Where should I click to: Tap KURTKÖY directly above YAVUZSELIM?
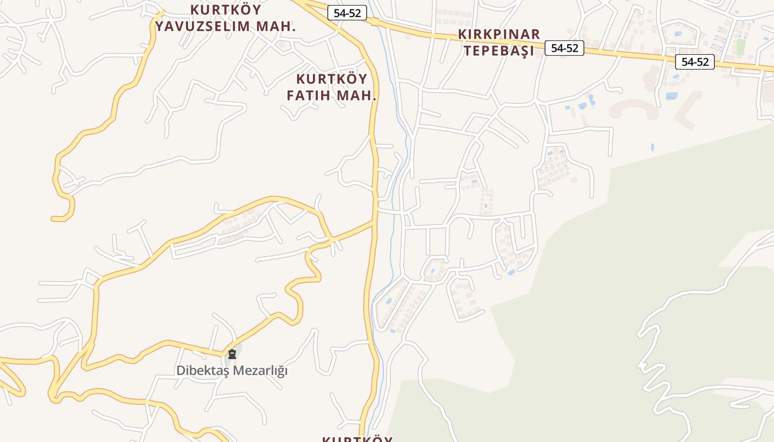pos(226,10)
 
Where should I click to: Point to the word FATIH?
pos(310,95)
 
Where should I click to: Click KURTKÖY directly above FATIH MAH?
pos(332,78)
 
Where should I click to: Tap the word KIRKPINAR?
pos(499,34)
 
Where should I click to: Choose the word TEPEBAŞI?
pos(499,51)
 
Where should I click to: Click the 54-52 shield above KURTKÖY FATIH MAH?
pos(347,13)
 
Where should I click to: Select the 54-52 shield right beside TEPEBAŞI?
pos(564,48)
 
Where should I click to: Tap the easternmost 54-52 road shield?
pos(695,62)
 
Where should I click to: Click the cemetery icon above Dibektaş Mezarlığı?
pos(232,354)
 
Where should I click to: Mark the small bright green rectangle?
pos(741,47)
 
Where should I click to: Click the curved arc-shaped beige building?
pos(634,107)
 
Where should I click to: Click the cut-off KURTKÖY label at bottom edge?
pos(357,439)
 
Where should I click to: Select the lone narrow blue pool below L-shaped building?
pos(652,147)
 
